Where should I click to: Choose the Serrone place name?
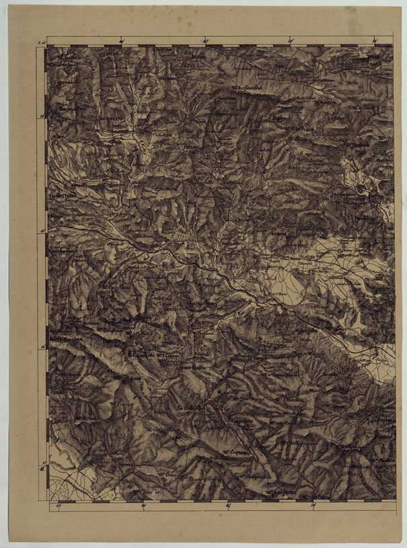coord(227,98)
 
